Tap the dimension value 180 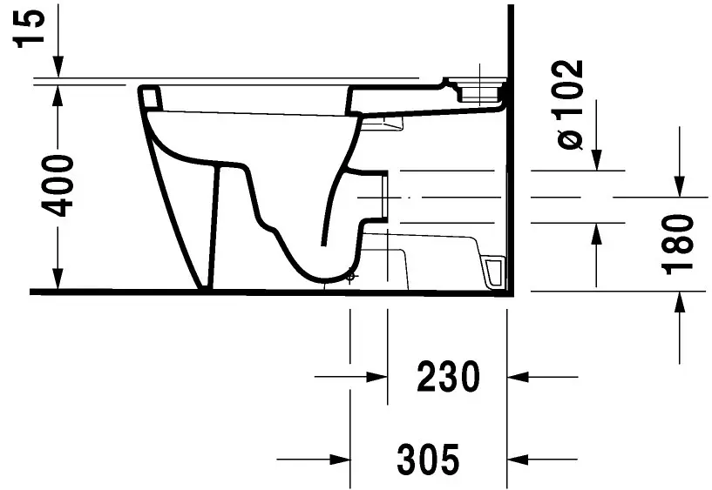tap(679, 243)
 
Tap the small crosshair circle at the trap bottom tap(350, 278)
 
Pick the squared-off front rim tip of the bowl tap(149, 97)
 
